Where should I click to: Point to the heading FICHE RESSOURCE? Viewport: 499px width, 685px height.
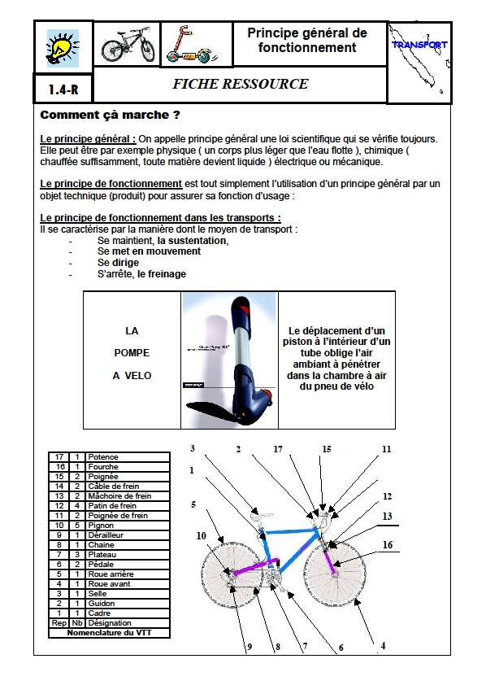click(240, 84)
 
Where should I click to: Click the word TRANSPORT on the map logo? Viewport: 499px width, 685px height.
click(419, 45)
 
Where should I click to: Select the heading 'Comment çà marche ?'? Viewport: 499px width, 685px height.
click(110, 115)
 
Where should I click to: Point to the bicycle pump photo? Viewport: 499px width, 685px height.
click(229, 360)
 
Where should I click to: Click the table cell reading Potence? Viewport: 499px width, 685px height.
click(103, 457)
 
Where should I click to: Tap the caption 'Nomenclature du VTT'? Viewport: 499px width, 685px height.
click(109, 632)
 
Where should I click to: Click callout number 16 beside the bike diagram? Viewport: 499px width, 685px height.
click(387, 544)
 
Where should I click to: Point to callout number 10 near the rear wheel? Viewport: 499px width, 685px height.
click(200, 535)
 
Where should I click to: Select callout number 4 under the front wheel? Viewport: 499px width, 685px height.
click(382, 646)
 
